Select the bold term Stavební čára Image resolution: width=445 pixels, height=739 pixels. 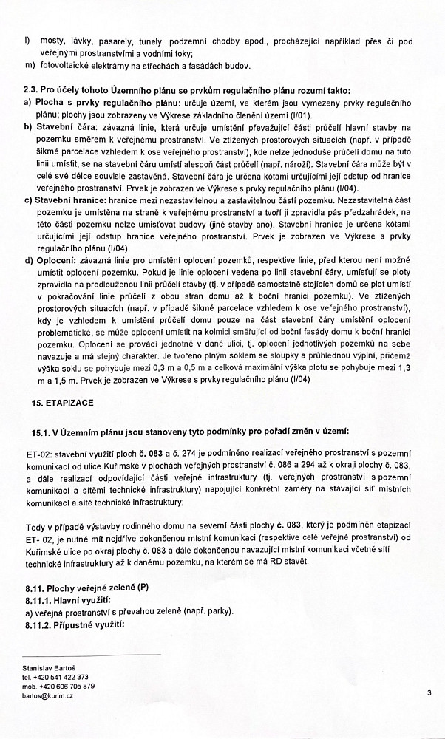click(64, 126)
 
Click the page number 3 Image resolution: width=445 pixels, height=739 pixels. click(428, 692)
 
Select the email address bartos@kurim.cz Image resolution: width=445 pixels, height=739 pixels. click(52, 696)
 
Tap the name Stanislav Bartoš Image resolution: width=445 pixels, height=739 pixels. click(50, 667)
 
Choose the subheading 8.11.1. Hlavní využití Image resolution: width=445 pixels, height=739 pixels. click(67, 600)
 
